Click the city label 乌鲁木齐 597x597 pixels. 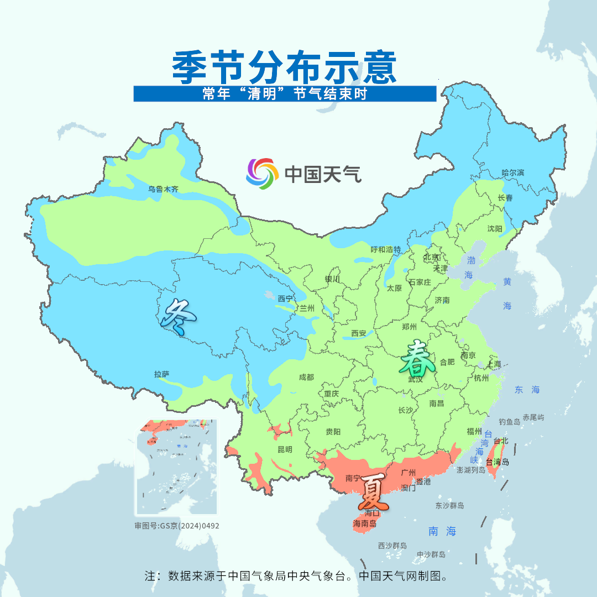coord(163,189)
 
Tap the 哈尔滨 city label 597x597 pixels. coord(512,172)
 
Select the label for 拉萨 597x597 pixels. coord(161,374)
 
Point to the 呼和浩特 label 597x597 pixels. coord(385,249)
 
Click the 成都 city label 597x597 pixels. coord(306,377)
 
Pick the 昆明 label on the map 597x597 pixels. coord(285,449)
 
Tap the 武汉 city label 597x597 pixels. coord(415,379)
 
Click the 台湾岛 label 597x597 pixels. coord(497,462)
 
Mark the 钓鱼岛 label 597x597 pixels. coord(509,422)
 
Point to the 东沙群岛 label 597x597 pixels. coord(449,505)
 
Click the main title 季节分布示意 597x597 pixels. coord(285,67)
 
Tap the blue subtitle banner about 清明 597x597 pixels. coord(285,94)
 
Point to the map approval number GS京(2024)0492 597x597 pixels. coord(177,526)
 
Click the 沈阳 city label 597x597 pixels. coord(495,229)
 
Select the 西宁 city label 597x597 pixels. coord(285,298)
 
